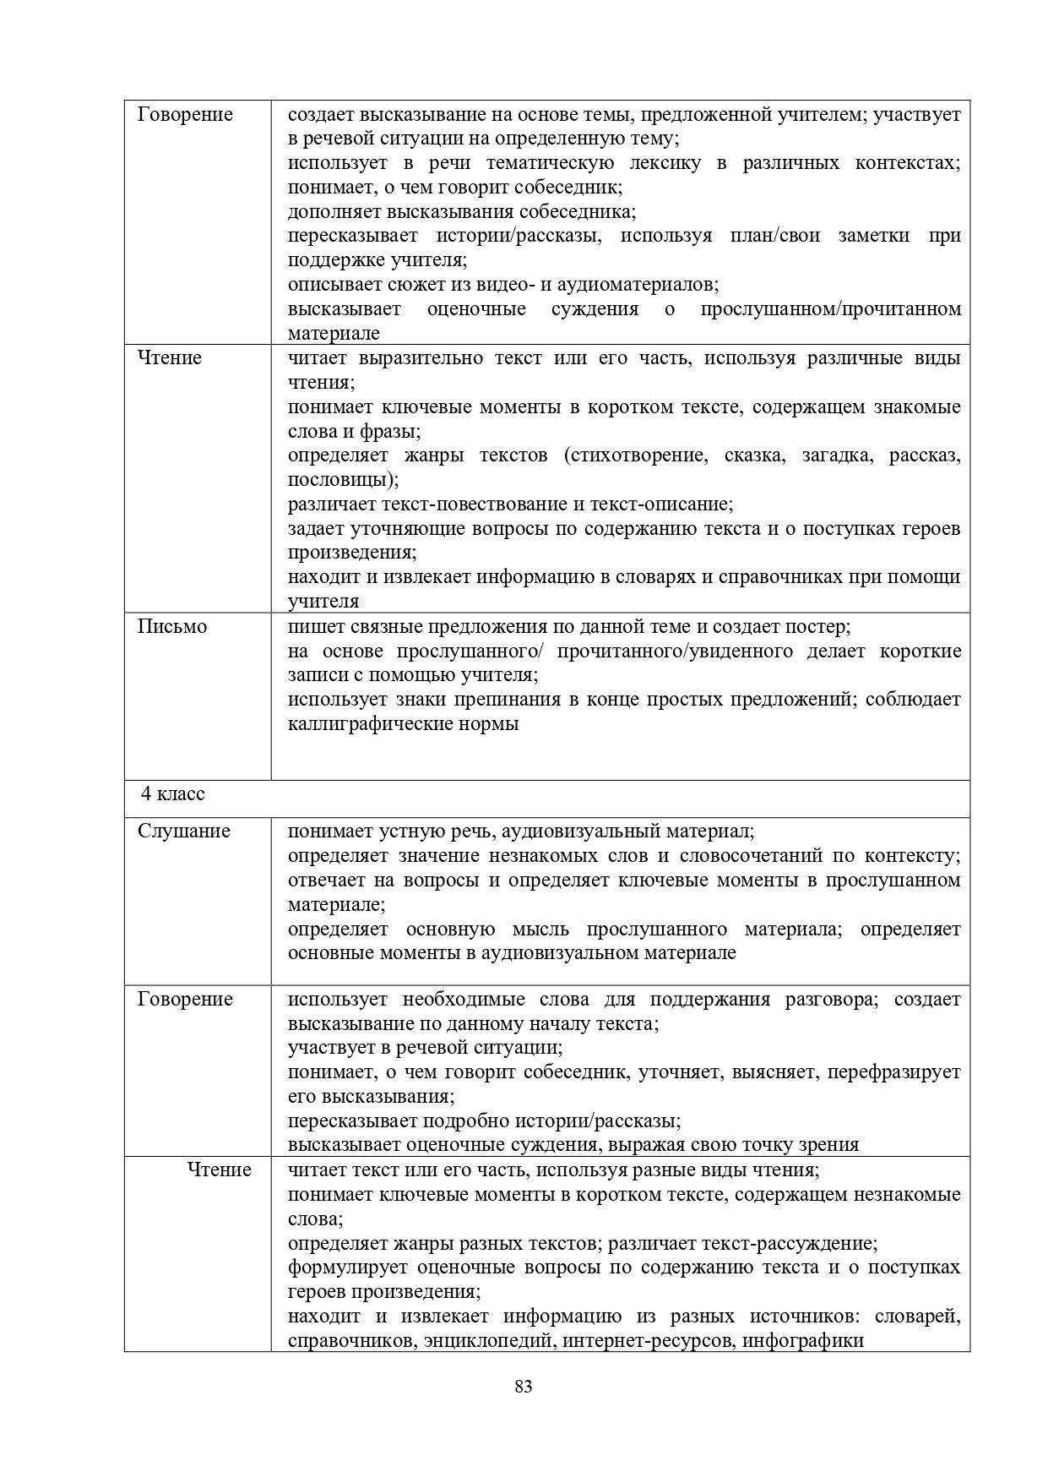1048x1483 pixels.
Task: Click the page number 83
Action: pyautogui.click(x=523, y=1387)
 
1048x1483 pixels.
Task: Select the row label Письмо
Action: pyautogui.click(x=172, y=627)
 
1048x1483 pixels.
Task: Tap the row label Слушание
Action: pyautogui.click(x=184, y=831)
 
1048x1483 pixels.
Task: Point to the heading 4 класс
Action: pyautogui.click(x=173, y=794)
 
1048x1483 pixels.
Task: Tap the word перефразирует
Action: pyautogui.click(x=893, y=1073)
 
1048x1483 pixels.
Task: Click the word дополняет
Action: pyautogui.click(x=331, y=212)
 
